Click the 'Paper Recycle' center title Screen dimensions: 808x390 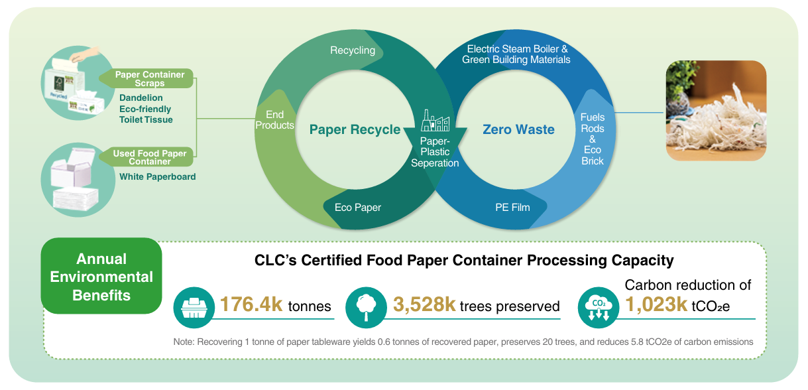(x=355, y=129)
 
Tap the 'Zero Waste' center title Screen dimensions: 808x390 (x=518, y=129)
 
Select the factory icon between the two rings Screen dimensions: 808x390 (x=435, y=120)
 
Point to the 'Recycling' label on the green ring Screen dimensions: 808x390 (x=353, y=50)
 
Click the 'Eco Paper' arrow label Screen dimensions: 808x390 (x=358, y=208)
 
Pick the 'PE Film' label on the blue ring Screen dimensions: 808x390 (x=512, y=208)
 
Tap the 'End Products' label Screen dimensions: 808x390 (x=275, y=120)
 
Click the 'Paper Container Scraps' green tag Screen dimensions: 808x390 (x=147, y=78)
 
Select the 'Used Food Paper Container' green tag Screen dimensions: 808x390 (x=147, y=157)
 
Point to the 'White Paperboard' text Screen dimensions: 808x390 (x=158, y=176)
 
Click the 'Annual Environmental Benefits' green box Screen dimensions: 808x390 (x=101, y=276)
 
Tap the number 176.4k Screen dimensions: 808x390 (x=251, y=304)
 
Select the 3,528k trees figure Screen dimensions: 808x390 (x=425, y=304)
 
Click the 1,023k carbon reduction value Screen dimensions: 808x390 (x=656, y=304)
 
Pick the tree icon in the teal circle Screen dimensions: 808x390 (x=366, y=307)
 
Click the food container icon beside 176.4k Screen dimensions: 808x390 (x=194, y=307)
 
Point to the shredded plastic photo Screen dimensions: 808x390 (x=716, y=111)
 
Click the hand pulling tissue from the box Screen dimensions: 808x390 (x=85, y=54)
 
